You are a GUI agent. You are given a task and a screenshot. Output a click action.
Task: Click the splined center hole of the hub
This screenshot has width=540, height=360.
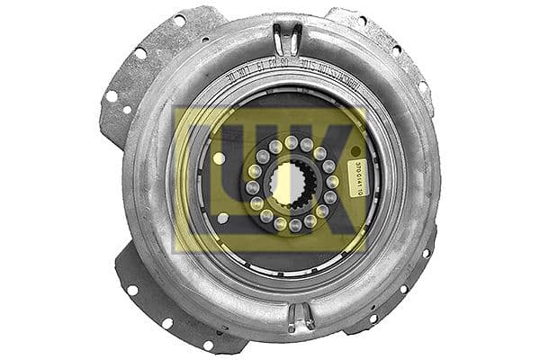tap(291, 184)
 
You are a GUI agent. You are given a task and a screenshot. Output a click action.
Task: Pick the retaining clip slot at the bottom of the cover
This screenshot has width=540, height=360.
tap(300, 316)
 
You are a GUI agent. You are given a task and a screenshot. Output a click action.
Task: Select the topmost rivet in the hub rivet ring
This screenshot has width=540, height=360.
tap(291, 141)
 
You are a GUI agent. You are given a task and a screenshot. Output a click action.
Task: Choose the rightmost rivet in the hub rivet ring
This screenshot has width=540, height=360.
tap(333, 182)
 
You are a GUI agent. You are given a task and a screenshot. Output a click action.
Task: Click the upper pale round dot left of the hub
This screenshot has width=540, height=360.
tap(220, 158)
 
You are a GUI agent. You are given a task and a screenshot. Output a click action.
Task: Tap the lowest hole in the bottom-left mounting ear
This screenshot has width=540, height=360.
tap(209, 344)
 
